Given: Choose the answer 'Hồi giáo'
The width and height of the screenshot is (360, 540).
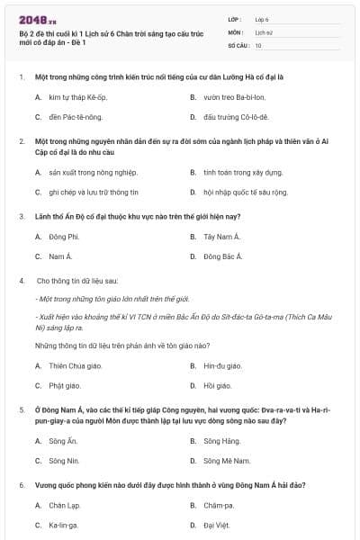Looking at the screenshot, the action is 217,386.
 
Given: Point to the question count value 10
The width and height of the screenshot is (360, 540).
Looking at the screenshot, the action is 259,45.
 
